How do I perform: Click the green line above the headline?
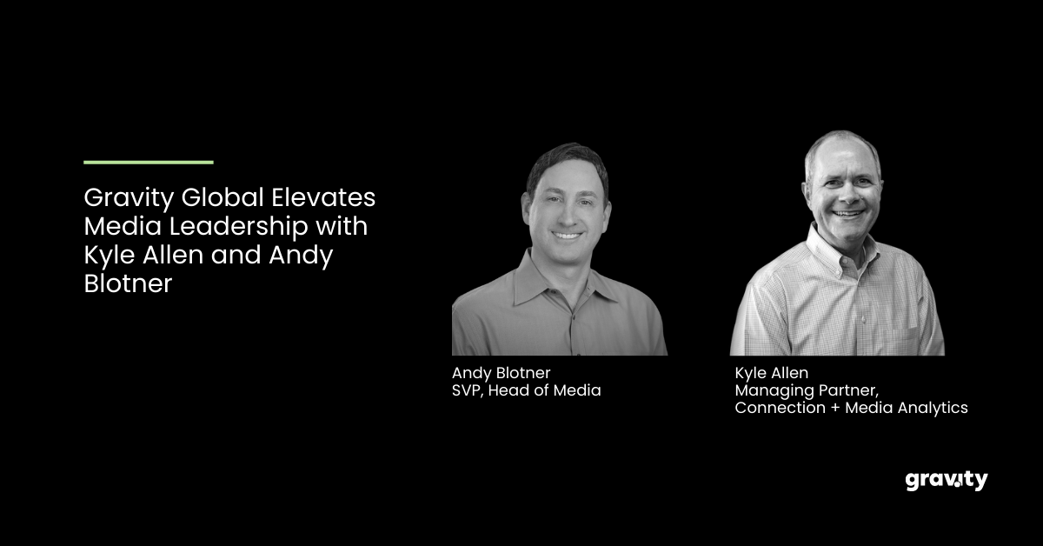pyautogui.click(x=149, y=162)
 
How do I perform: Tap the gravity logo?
pyautogui.click(x=946, y=480)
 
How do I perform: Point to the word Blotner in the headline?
pyautogui.click(x=128, y=285)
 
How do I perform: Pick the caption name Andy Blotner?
pyautogui.click(x=501, y=373)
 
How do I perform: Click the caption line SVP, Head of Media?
pyautogui.click(x=526, y=390)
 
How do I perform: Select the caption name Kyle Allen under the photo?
pyautogui.click(x=772, y=373)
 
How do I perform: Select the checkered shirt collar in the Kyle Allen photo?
pyautogui.click(x=817, y=252)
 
